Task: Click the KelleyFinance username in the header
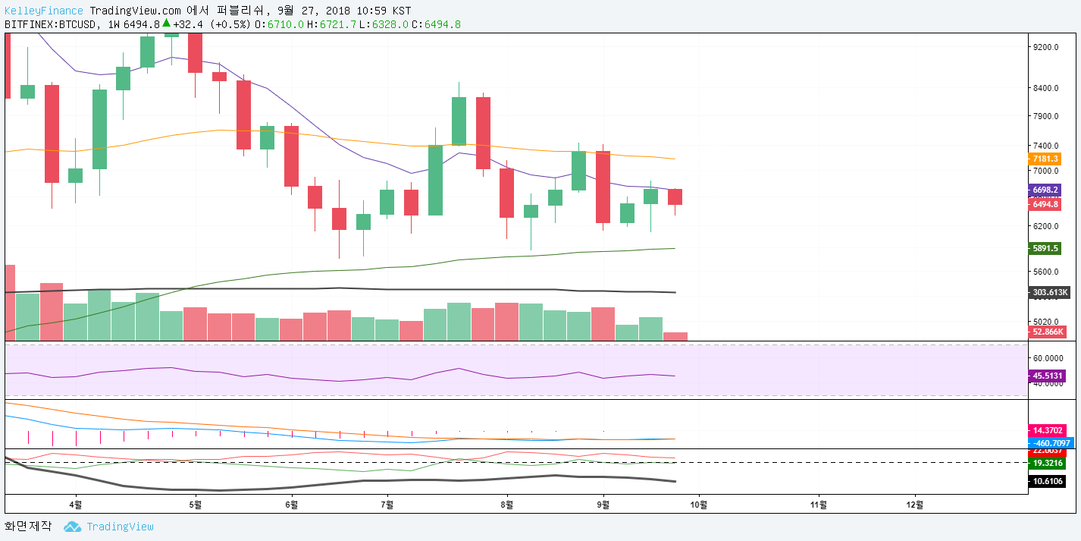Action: (x=45, y=11)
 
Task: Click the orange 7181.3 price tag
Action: (x=1045, y=159)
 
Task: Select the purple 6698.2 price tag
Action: (x=1045, y=190)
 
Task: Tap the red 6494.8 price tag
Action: (x=1045, y=204)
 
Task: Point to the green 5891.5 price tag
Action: (x=1045, y=248)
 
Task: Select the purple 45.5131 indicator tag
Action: (x=1048, y=376)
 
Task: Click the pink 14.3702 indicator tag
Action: (x=1046, y=429)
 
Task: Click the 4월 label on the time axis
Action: (x=75, y=503)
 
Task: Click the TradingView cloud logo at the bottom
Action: (x=72, y=527)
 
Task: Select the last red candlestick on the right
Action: (x=675, y=197)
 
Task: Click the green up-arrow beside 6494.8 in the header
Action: (x=166, y=24)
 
